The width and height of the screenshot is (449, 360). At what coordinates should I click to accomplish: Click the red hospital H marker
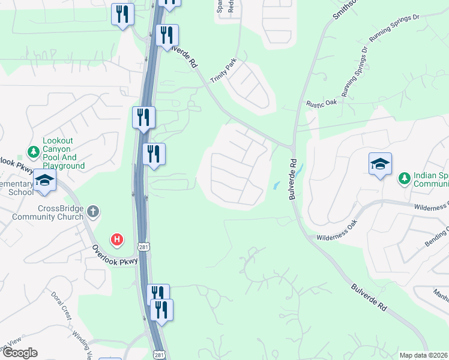[117, 240]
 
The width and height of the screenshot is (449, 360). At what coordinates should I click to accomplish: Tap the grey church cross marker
[92, 211]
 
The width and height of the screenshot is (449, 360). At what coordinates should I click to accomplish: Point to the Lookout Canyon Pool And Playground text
[63, 153]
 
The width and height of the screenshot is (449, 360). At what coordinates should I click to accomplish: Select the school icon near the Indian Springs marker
[381, 163]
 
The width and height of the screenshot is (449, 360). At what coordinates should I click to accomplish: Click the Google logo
[20, 353]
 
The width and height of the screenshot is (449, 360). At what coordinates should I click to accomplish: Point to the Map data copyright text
[424, 355]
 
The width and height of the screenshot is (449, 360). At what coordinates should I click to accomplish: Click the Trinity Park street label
[223, 71]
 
